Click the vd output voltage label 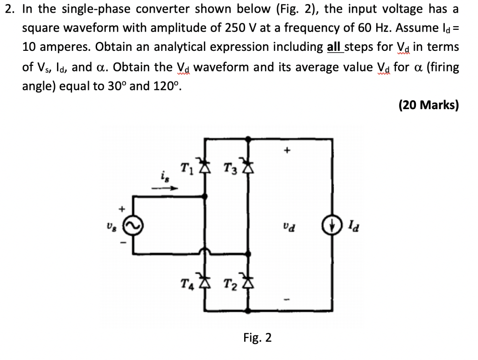(288, 228)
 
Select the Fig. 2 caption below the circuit (257, 337)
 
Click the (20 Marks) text (429, 105)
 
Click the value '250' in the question (235, 28)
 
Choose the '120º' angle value (165, 86)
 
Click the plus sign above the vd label (288, 150)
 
